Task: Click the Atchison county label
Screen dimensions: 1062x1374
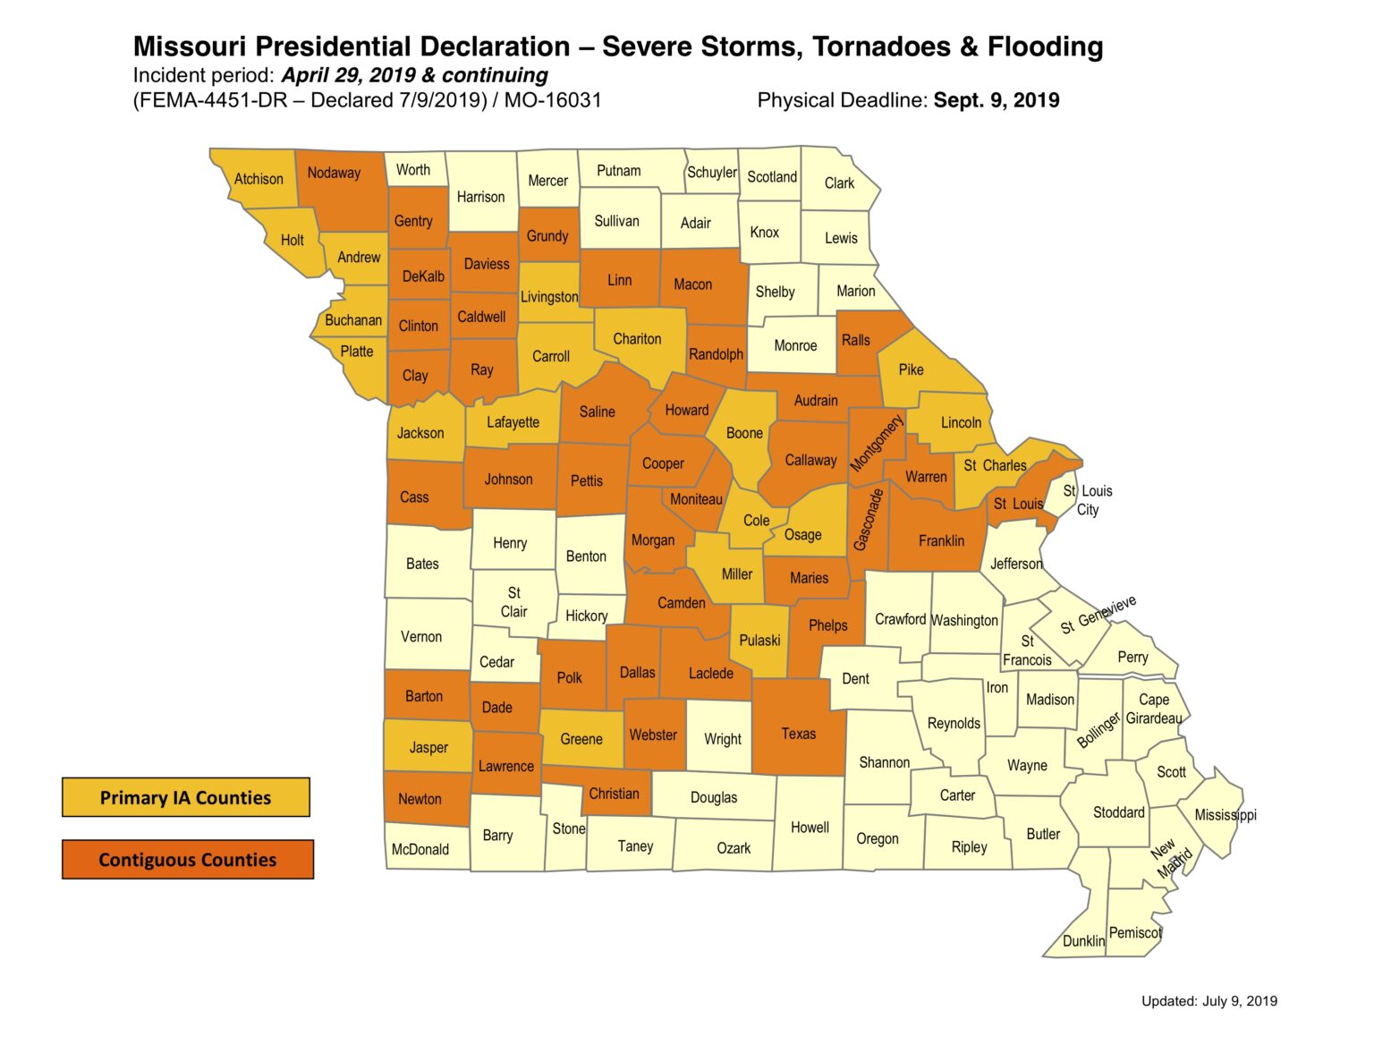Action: click(259, 179)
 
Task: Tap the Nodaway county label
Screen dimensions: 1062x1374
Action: click(334, 173)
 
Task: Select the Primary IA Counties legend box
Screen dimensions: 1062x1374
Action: click(185, 797)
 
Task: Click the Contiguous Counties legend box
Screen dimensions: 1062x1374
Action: click(187, 860)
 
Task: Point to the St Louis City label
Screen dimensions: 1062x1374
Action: click(1088, 500)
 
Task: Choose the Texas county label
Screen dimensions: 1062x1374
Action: click(798, 734)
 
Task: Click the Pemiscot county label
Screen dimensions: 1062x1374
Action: click(1135, 932)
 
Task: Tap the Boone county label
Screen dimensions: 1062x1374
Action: click(744, 433)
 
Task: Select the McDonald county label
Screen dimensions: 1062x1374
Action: click(420, 849)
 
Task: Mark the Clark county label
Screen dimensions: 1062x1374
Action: click(839, 183)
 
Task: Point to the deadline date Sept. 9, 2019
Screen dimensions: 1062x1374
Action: click(997, 100)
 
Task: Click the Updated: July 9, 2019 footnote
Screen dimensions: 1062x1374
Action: click(1209, 1001)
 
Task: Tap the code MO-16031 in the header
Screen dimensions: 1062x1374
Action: click(553, 100)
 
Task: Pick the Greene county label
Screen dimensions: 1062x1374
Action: click(581, 739)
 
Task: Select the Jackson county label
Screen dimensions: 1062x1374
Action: click(420, 433)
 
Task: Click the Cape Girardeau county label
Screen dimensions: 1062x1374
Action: click(1154, 709)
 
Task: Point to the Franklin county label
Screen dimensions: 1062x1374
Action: click(941, 540)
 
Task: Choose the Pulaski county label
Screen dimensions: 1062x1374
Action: click(759, 640)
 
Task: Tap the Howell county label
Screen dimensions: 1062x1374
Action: click(810, 828)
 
